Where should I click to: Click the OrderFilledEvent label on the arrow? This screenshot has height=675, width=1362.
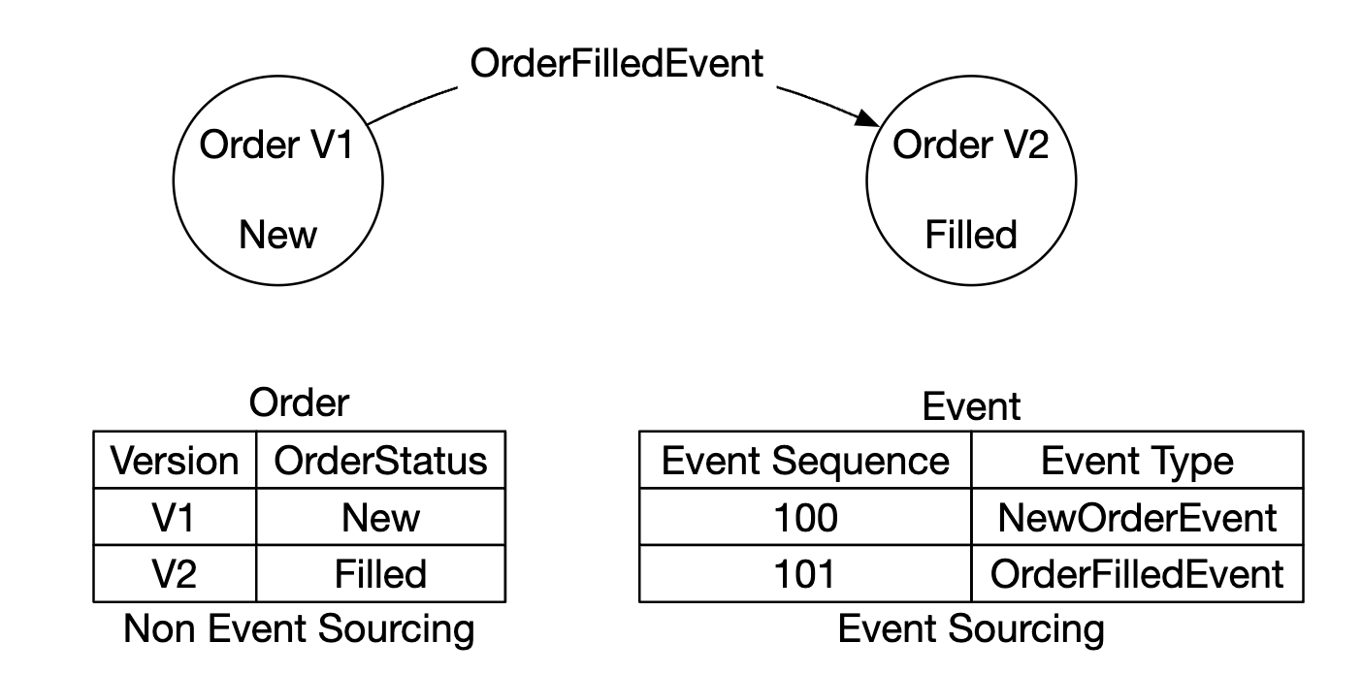617,64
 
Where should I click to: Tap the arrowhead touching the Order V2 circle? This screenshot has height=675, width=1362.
868,120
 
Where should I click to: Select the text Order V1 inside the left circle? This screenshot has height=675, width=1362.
276,145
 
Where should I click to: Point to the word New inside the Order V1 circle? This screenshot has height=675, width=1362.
277,235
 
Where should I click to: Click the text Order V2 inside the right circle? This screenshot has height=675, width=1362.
970,145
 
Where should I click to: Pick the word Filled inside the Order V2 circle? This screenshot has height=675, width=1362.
970,235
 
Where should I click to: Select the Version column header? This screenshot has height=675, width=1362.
175,461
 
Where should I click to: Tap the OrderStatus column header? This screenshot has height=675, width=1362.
380,461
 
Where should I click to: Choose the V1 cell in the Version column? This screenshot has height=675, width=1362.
175,518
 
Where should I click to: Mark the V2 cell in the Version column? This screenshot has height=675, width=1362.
175,574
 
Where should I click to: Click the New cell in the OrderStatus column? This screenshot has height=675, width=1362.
380,518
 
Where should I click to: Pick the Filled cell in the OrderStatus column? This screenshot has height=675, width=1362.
380,574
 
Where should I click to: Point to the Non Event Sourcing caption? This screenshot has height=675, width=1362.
299,630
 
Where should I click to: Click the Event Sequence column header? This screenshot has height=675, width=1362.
805,461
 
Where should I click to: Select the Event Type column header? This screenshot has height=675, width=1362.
1137,461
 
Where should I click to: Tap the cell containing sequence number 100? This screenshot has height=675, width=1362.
805,518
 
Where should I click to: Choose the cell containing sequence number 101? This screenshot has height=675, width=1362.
805,574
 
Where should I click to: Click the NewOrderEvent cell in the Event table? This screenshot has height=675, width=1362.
1137,518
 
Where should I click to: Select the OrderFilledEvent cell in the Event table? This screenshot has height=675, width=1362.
1137,574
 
